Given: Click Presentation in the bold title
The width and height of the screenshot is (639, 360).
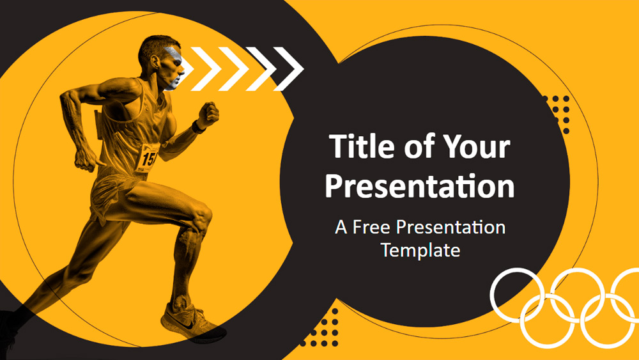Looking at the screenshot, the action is pos(419,186).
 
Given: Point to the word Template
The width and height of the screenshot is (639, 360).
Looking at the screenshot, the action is pos(420,250).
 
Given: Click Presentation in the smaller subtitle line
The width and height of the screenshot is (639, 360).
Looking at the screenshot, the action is pos(450,228).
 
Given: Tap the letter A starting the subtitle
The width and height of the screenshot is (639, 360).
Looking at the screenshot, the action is pos(341,228).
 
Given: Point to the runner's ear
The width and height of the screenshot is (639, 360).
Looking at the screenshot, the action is pos(155,61).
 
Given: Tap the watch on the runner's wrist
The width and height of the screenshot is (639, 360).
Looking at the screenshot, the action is pos(197,127).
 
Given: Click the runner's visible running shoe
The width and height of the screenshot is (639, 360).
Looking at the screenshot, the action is pos(192,324).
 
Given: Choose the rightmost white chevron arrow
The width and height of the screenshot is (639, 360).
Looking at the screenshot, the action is pos(289,69).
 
